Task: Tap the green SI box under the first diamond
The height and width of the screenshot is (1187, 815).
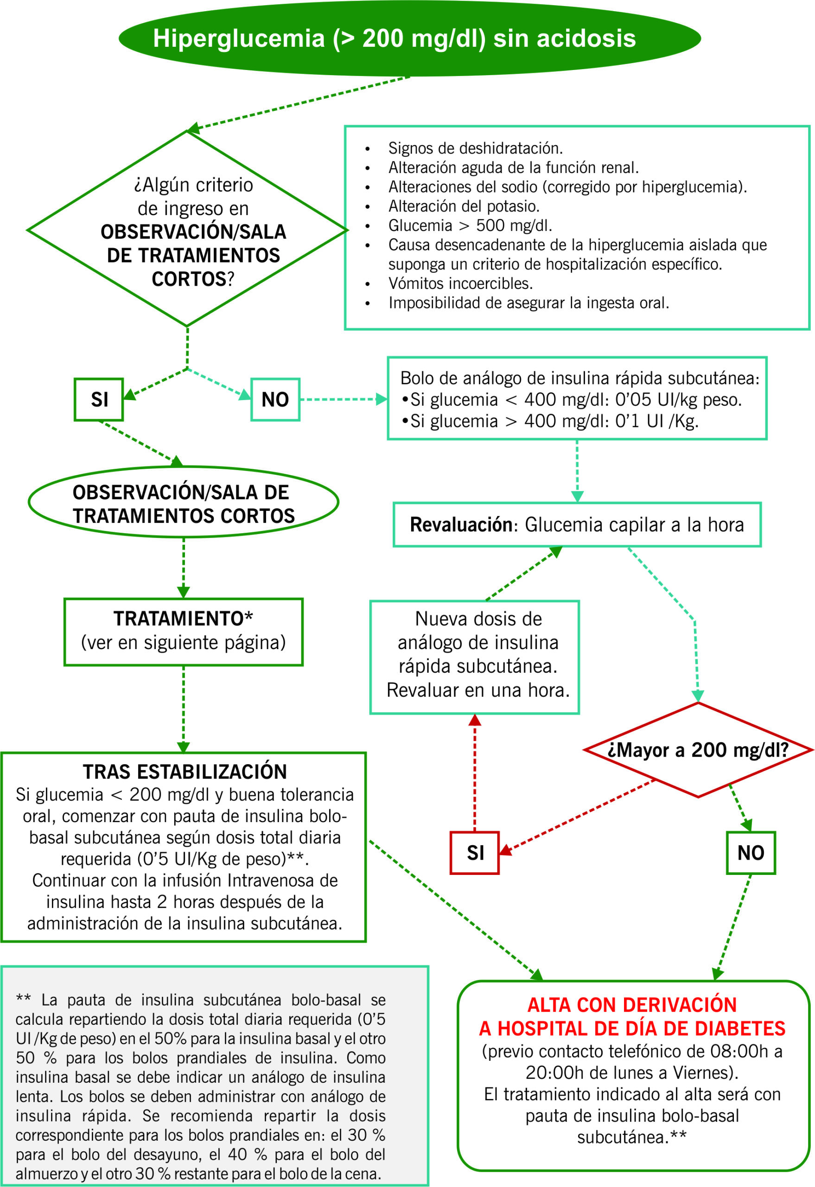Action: click(99, 399)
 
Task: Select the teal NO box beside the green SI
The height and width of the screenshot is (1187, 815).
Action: click(275, 399)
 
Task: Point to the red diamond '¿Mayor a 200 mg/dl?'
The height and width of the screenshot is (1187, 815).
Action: click(698, 750)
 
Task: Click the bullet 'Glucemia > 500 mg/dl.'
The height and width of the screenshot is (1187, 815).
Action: click(470, 225)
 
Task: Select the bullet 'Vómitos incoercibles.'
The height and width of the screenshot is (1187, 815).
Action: click(460, 283)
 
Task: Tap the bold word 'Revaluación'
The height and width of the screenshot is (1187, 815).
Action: click(461, 524)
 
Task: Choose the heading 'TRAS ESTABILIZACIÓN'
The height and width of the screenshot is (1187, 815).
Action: click(185, 771)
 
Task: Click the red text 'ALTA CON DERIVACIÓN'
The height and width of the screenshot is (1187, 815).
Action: click(632, 1005)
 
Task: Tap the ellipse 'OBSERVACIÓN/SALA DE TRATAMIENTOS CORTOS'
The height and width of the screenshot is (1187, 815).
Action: click(183, 504)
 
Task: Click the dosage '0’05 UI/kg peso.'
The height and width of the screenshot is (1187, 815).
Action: click(678, 399)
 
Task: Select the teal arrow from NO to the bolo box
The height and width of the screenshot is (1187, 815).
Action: click(342, 399)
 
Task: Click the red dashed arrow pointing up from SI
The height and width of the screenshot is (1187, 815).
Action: click(475, 771)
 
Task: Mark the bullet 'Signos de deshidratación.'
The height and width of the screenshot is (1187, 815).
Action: click(475, 148)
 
